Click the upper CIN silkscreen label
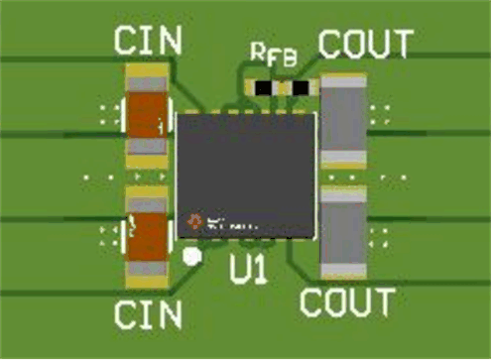coord(148,41)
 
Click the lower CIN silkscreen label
coord(148,314)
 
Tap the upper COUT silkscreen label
coord(364,45)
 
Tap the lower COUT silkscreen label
coord(347,301)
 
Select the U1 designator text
coord(248,270)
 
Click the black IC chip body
coord(247,174)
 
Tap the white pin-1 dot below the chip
coord(193,256)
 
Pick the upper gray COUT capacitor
coord(344,120)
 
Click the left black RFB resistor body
coord(262,87)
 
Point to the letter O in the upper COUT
coord(353,45)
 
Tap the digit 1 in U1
coord(260,270)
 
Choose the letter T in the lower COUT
coord(383,301)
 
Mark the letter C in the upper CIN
coord(126,41)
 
